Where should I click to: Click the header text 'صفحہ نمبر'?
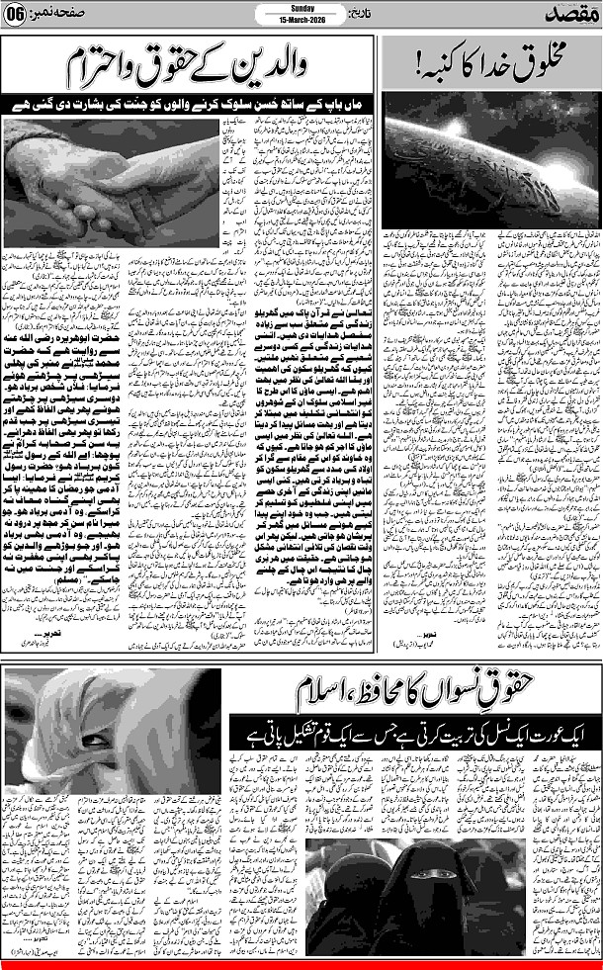60,14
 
